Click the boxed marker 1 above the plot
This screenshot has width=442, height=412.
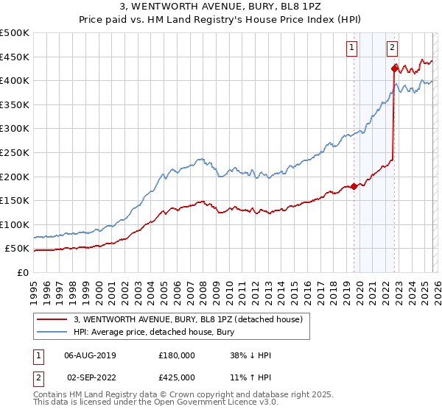click(x=352, y=48)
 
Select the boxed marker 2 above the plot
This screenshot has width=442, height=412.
click(x=392, y=48)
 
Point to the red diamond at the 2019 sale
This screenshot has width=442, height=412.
click(x=354, y=186)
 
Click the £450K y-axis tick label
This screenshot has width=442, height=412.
click(x=15, y=57)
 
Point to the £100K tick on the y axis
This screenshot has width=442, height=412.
click(x=15, y=224)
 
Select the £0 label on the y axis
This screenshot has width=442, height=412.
click(x=21, y=272)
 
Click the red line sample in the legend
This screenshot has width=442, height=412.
click(x=52, y=319)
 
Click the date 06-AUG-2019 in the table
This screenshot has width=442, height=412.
click(x=90, y=355)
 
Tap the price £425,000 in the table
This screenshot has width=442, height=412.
click(x=177, y=377)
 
